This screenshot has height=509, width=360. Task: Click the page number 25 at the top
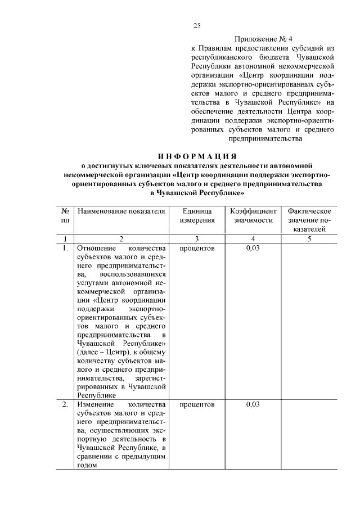coord(196,25)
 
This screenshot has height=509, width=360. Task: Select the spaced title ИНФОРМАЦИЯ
coord(196,156)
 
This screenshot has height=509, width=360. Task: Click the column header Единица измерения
coord(197,215)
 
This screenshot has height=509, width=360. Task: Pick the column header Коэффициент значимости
coord(252,215)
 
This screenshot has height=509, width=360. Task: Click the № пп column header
coord(65,215)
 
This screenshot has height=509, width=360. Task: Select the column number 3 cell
coord(197,239)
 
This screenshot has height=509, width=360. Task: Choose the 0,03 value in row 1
coord(253,248)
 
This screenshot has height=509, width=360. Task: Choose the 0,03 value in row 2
coord(253,404)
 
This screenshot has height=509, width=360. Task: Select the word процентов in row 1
coord(197,248)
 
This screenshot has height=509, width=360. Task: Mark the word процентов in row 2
coord(197,404)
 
